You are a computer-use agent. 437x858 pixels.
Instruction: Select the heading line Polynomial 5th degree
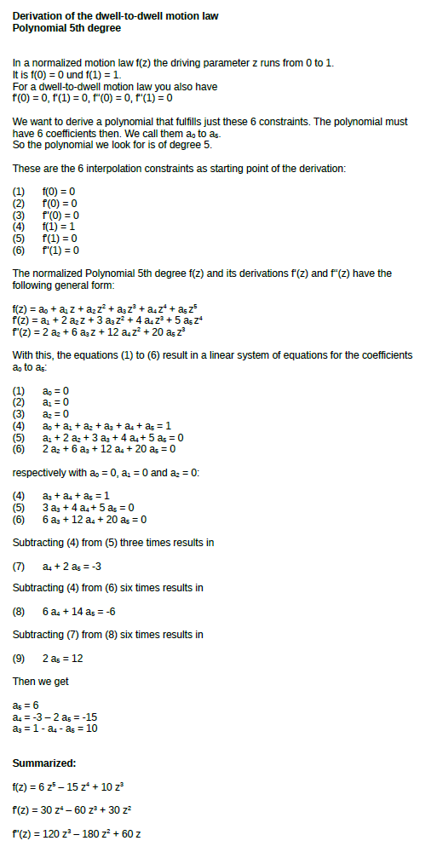(x=66, y=27)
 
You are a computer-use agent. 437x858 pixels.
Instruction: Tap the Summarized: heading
(x=44, y=763)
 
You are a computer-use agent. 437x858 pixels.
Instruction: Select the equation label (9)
(x=20, y=658)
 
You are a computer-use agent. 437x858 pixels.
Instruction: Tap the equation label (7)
(x=20, y=565)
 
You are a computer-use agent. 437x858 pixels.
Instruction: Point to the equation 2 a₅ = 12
(x=62, y=658)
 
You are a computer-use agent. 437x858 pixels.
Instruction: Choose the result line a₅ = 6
(x=26, y=705)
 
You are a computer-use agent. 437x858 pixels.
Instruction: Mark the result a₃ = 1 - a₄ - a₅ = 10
(x=55, y=728)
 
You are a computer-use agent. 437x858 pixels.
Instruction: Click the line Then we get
(x=41, y=681)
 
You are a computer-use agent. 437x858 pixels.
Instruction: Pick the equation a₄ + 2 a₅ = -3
(x=72, y=565)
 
